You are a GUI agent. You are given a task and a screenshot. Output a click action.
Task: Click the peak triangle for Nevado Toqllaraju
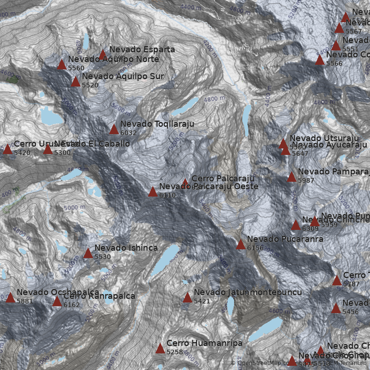[114, 129]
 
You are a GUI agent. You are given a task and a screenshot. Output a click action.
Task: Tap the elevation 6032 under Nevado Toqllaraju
[128, 133]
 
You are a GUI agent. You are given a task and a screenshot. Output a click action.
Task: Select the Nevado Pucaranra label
[285, 239]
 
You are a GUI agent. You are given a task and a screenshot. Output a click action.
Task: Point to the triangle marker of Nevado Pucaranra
[241, 245]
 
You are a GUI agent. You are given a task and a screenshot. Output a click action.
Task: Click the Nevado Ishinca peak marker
[88, 253]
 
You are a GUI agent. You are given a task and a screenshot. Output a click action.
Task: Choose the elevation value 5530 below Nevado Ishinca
[102, 257]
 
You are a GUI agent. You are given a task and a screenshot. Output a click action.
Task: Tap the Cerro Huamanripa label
[204, 343]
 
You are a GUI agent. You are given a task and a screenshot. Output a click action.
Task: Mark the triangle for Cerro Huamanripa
[160, 349]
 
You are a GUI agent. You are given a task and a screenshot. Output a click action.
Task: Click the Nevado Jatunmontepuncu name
[247, 292]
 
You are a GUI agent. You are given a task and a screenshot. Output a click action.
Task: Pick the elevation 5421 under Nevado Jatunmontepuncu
[202, 301]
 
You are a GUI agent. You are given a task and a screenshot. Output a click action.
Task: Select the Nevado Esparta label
[142, 49]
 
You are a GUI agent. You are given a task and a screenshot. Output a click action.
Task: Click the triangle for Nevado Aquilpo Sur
[75, 82]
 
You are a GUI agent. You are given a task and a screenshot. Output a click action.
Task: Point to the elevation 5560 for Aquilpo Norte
[76, 68]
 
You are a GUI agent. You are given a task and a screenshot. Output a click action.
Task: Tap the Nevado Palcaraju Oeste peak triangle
[153, 192]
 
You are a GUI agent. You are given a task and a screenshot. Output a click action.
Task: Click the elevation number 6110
[167, 195]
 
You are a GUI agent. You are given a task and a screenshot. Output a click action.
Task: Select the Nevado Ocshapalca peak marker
[10, 298]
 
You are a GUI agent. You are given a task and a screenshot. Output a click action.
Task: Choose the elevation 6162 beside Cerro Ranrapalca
[72, 305]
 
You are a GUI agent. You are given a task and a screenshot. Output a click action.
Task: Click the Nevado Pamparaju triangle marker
[291, 177]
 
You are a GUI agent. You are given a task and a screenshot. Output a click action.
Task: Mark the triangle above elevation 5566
[320, 60]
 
